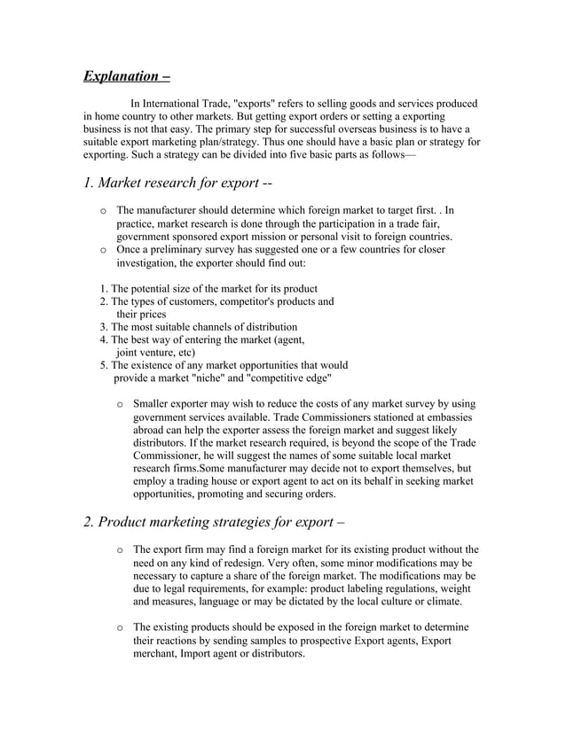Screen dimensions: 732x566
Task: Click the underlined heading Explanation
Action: click(x=127, y=75)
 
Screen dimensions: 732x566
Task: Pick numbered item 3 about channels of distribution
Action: click(x=198, y=327)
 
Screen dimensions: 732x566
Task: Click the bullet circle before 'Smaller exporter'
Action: click(x=120, y=404)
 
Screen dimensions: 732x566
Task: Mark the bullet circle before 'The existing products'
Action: click(x=120, y=627)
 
